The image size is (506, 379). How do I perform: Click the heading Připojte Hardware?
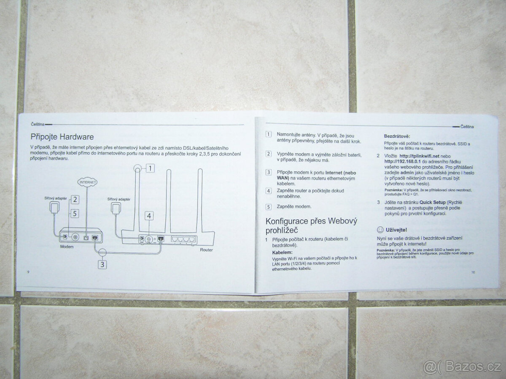pos(62,137)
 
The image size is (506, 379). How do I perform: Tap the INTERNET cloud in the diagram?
pos(87,182)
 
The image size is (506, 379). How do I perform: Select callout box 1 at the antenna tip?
pos(151,168)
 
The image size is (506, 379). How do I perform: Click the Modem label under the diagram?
pos(67,247)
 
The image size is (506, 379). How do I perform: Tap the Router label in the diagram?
pos(207,249)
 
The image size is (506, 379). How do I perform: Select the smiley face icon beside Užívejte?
pos(379,230)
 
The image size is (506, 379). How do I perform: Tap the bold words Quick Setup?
pos(433,203)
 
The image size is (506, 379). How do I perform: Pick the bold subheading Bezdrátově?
pos(396,136)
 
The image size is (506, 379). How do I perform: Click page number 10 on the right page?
pos(473,272)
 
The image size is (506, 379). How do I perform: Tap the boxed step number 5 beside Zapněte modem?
pos(268,207)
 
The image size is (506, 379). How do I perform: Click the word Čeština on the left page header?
pos(38,124)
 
